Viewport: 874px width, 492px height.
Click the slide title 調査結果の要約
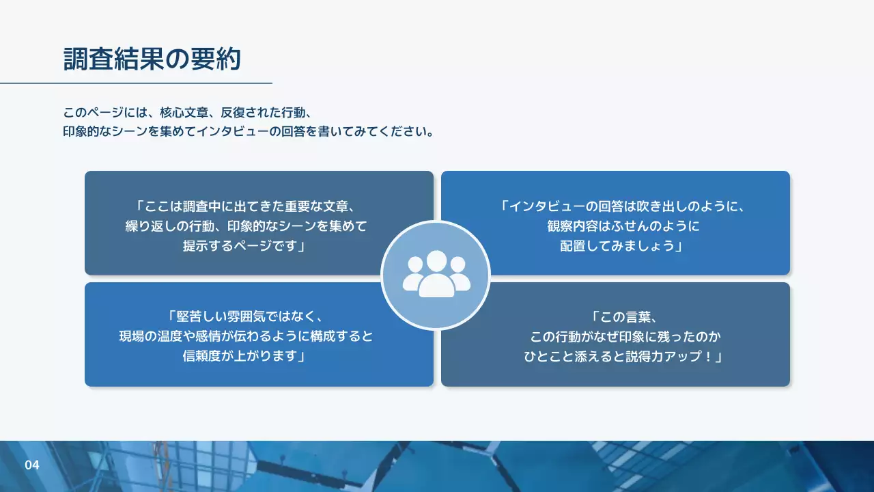tap(152, 59)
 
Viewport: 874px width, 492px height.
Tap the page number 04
tap(32, 465)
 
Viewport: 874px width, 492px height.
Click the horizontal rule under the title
tap(136, 83)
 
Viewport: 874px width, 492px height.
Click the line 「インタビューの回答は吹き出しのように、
tap(615, 206)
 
